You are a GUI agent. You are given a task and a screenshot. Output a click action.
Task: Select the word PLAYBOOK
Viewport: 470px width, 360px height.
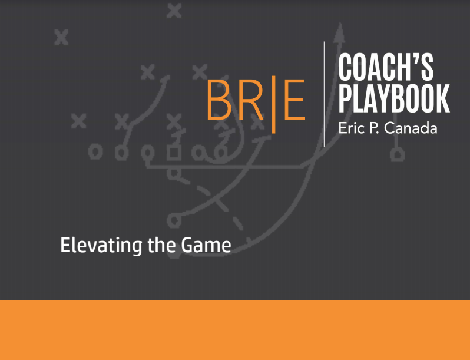pos(394,98)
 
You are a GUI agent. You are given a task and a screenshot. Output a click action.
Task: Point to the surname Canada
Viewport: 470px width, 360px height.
pos(411,128)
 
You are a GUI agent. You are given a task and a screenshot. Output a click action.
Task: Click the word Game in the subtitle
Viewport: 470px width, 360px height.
pos(206,245)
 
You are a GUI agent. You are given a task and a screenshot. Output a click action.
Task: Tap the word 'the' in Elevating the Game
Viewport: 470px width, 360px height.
pos(161,245)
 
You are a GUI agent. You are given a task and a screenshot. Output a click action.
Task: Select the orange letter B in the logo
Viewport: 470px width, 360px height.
pos(219,100)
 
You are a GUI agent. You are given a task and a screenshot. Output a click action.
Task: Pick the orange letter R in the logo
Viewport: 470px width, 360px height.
pos(251,100)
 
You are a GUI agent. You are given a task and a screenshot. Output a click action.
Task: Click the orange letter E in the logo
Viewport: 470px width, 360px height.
pos(294,100)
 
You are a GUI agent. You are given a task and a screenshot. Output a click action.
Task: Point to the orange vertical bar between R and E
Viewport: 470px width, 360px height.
pos(273,104)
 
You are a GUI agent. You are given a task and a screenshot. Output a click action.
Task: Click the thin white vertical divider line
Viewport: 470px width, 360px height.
pos(324,94)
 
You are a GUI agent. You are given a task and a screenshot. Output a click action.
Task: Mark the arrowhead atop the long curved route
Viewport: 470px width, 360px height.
pos(339,32)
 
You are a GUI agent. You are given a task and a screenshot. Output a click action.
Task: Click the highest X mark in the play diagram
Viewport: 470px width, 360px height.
pos(174,11)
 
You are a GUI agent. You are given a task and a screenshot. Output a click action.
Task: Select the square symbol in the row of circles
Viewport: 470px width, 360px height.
pos(174,153)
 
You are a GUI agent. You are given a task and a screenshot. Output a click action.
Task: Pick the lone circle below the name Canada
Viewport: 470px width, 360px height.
pos(398,155)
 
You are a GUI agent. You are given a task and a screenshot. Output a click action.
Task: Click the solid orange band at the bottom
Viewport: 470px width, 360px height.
pos(235,330)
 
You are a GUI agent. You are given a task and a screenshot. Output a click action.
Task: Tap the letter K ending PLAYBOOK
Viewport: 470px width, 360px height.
pos(443,98)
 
